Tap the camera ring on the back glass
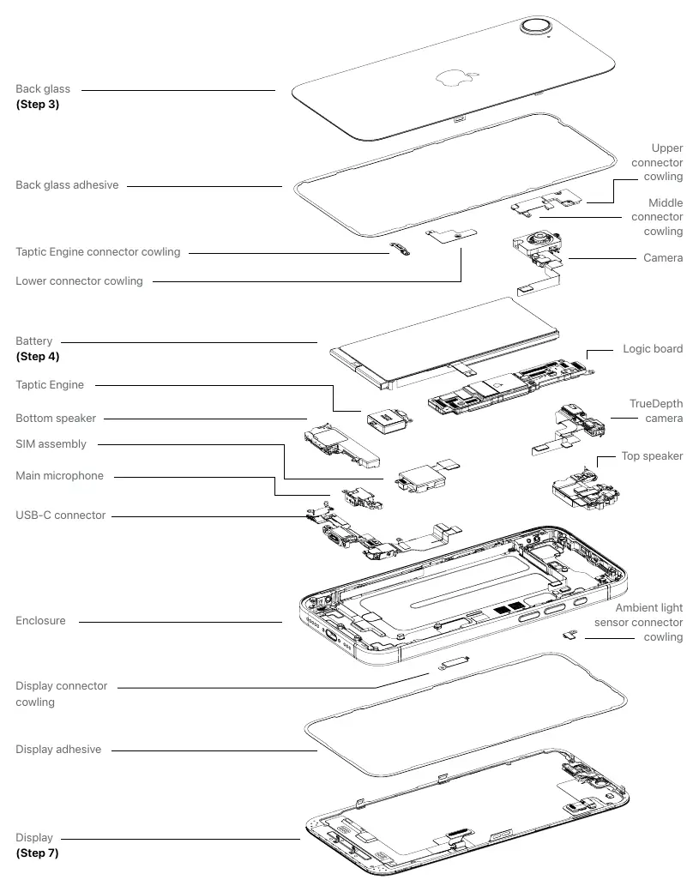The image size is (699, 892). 536,27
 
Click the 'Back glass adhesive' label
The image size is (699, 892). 67,185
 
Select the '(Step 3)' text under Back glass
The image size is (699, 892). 38,104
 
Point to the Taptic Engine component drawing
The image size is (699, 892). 388,421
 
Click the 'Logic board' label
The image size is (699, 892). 653,349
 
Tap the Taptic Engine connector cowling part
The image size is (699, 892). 400,249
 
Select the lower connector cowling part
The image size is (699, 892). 452,235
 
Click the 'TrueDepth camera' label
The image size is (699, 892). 655,411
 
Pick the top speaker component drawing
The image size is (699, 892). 586,491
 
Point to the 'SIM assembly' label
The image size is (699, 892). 51,443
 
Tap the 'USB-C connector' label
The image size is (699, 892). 60,515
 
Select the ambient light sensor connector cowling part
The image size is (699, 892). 569,635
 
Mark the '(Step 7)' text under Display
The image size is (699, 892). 37,853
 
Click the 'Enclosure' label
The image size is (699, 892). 40,621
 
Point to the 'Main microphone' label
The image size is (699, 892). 59,475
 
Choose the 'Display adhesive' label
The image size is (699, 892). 58,750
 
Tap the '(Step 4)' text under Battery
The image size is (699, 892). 38,356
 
